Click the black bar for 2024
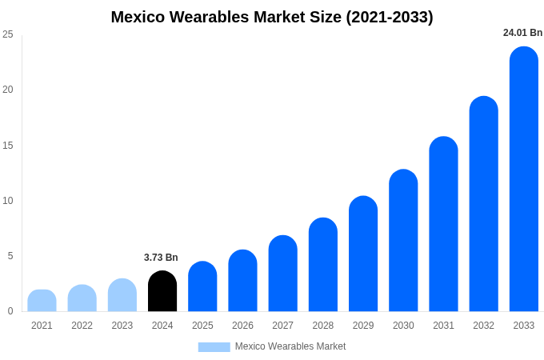tap(162, 292)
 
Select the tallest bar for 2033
tap(523, 180)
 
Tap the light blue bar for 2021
tap(42, 301)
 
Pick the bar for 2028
tap(322, 266)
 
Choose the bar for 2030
tap(403, 242)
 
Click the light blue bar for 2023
tap(122, 296)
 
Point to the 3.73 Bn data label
tap(161, 258)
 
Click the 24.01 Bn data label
tap(522, 33)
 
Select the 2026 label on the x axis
tap(242, 326)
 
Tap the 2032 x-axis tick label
tap(483, 326)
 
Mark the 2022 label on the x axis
tap(82, 326)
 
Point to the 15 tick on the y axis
tap(8, 145)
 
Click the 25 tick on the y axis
tap(8, 34)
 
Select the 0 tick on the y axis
tap(10, 311)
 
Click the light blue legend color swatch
tap(214, 346)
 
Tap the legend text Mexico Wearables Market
tap(290, 346)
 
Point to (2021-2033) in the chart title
tap(390, 17)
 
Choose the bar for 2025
tap(202, 287)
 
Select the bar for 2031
tap(443, 225)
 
